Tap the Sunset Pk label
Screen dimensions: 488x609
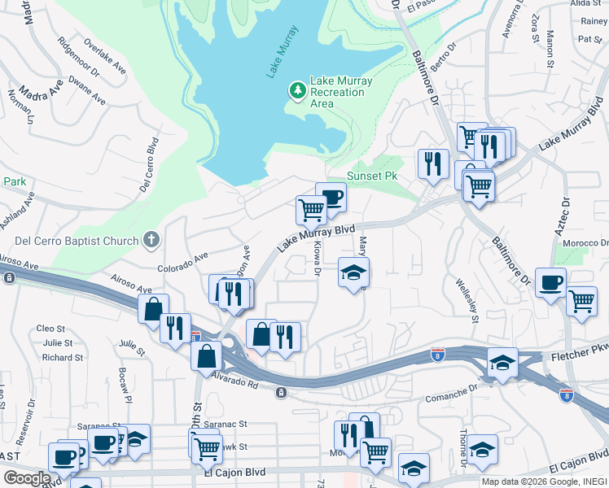(372, 176)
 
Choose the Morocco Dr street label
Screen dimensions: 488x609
(589, 243)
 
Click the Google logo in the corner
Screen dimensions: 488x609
(26, 477)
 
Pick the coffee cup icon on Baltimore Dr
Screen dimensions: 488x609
(551, 282)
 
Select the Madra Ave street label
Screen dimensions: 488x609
(42, 91)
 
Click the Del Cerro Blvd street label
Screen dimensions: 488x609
(148, 166)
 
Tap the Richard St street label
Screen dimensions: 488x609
(62, 357)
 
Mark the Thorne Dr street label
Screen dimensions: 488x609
(464, 447)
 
